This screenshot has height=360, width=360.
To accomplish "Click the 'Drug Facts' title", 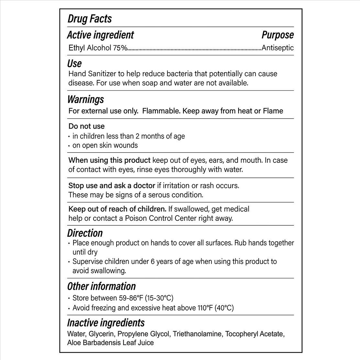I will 89,19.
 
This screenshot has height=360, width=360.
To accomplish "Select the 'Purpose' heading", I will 277,35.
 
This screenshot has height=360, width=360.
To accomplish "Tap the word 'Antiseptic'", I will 277,48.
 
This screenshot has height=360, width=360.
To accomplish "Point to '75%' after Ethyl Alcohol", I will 120,48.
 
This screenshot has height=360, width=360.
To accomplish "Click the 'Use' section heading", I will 74,63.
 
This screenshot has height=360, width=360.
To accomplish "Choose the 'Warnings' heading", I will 85,99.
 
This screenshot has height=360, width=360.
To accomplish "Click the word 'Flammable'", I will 161,111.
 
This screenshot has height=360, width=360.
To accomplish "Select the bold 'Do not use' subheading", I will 86,126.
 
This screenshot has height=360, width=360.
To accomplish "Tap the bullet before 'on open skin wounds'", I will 70,146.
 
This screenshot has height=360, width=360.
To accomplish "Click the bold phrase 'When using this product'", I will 109,160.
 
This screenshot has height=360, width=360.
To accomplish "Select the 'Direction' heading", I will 85,233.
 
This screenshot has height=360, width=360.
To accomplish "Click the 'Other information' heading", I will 101,286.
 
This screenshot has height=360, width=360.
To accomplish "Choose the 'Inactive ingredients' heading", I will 106,323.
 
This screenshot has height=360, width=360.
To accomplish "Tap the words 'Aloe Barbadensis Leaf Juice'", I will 110,343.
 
